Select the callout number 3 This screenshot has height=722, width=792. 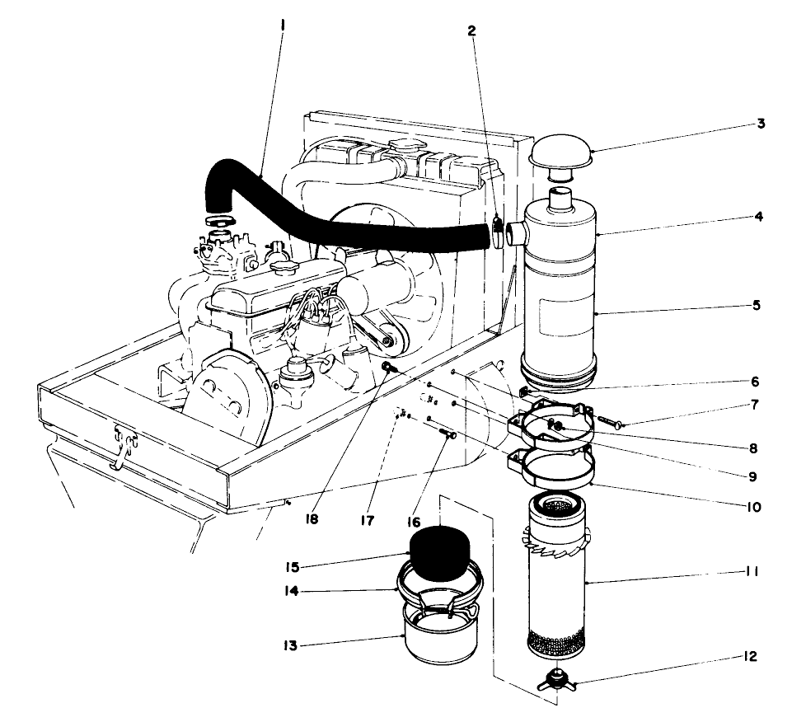pyautogui.click(x=762, y=124)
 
